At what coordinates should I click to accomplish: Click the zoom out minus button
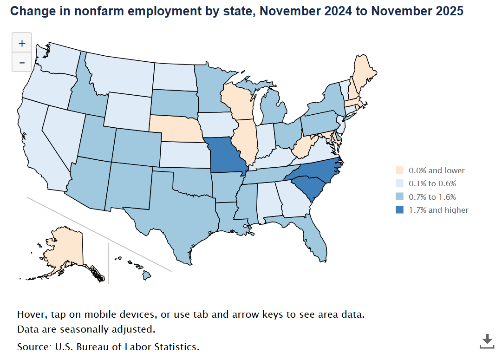(x=22, y=62)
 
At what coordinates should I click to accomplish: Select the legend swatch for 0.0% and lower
(x=399, y=170)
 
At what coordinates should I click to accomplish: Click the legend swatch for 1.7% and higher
(x=399, y=210)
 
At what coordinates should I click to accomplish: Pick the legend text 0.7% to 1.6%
(x=432, y=197)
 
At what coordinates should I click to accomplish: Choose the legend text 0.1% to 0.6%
(x=432, y=183)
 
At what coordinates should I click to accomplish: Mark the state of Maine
(x=363, y=74)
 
